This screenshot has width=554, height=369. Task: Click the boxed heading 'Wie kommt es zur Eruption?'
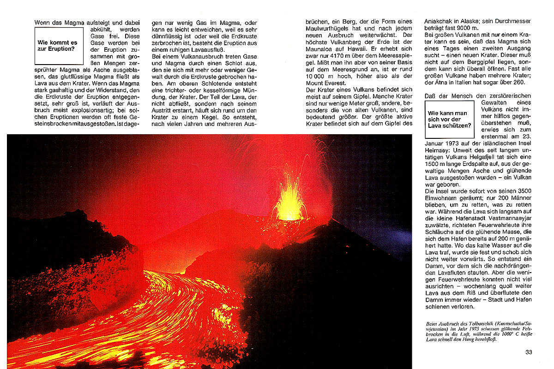[x=58, y=46]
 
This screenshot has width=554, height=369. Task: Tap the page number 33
[x=529, y=352]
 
